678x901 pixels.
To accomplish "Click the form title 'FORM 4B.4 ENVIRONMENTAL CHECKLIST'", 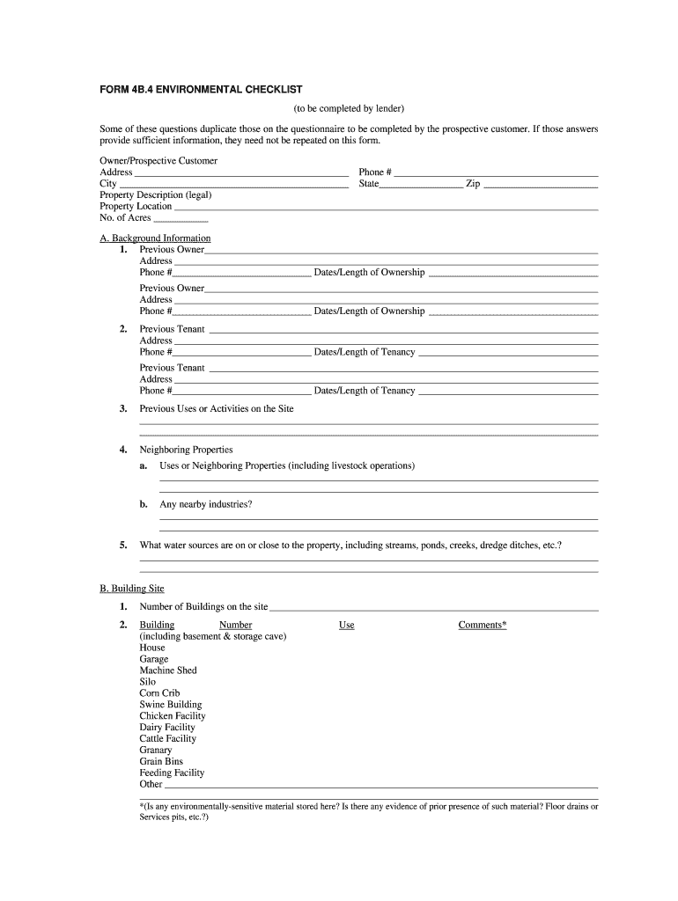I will [x=201, y=90].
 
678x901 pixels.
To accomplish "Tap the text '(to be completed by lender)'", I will [x=349, y=108].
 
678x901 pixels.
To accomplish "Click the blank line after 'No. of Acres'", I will [x=181, y=220].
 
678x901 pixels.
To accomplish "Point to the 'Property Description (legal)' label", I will [x=156, y=195].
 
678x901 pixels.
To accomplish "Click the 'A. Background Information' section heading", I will [x=155, y=238].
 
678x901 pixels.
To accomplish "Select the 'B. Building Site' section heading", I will [x=132, y=589].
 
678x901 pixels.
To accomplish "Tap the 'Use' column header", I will [x=347, y=626].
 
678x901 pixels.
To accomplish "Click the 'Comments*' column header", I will [x=483, y=626].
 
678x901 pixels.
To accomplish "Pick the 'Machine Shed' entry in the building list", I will [x=168, y=670].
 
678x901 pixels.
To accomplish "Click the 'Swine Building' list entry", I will [x=171, y=705].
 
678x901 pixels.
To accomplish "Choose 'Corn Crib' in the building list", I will [x=159, y=693].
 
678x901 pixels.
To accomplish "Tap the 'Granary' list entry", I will [x=156, y=751].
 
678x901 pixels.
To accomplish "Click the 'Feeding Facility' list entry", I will [x=172, y=773].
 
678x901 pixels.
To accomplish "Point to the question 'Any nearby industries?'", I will [x=205, y=505].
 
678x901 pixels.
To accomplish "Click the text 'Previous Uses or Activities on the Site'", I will [x=217, y=409].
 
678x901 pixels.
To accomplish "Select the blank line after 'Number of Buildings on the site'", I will [x=433, y=609].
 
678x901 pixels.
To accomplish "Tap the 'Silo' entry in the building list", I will [x=148, y=682].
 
